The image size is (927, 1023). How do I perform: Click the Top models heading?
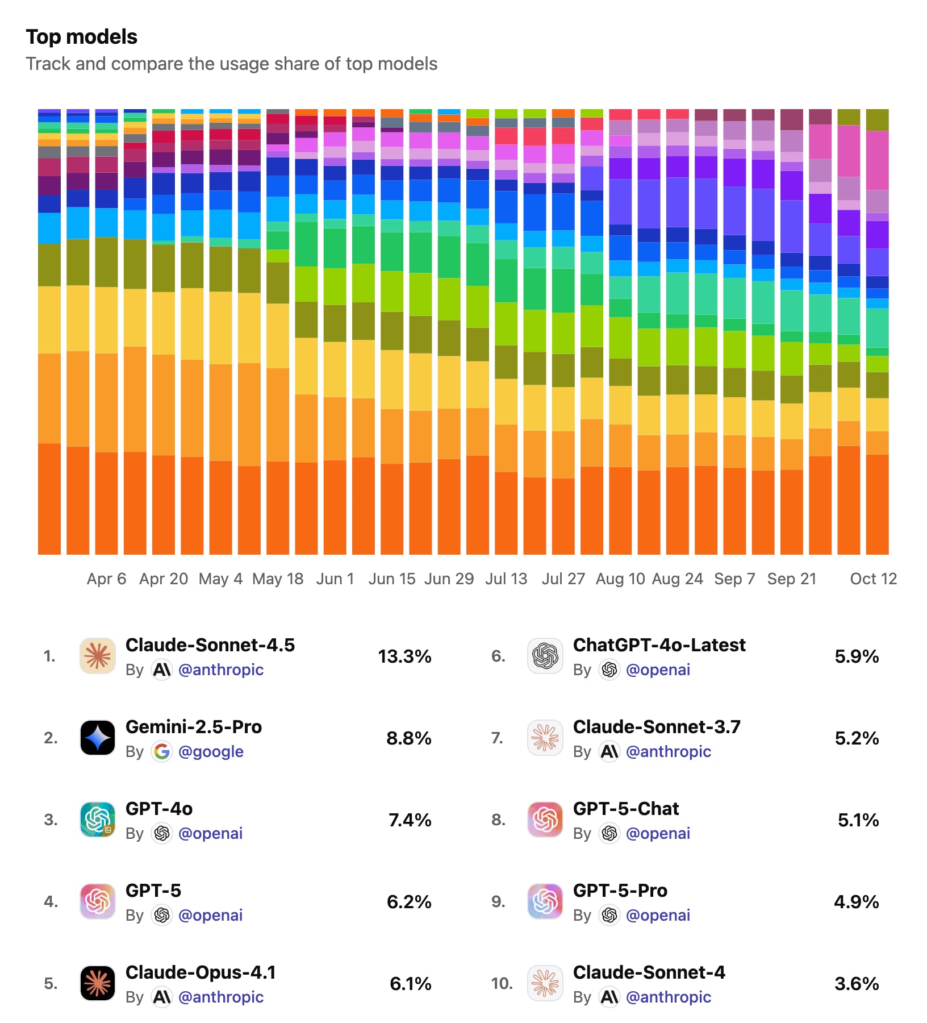(x=82, y=37)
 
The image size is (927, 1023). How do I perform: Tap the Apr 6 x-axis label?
(x=106, y=579)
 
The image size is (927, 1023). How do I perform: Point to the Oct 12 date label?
(x=873, y=579)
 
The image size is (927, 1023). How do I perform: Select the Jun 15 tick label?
(x=392, y=579)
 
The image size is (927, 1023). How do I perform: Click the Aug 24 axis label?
(x=677, y=579)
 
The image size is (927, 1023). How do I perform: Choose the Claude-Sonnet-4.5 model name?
(x=210, y=645)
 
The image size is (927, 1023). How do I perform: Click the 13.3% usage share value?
(x=404, y=656)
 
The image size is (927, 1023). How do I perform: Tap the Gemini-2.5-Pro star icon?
(x=98, y=738)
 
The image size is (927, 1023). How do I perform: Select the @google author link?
(x=211, y=751)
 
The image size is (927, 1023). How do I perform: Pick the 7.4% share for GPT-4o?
(x=410, y=820)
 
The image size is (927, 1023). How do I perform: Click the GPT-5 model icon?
(x=98, y=901)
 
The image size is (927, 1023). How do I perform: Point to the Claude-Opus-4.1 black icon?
(x=98, y=983)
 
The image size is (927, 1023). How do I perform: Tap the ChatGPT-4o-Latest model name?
(x=659, y=645)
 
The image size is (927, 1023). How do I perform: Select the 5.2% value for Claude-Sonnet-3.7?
(x=857, y=738)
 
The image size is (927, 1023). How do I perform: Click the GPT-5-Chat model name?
(x=626, y=809)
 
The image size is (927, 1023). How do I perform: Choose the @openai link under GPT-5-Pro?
(x=658, y=915)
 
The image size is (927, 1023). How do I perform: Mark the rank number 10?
(x=502, y=983)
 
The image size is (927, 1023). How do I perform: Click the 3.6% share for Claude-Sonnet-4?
(x=857, y=984)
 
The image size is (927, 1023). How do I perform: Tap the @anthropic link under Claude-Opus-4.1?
(x=221, y=997)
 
